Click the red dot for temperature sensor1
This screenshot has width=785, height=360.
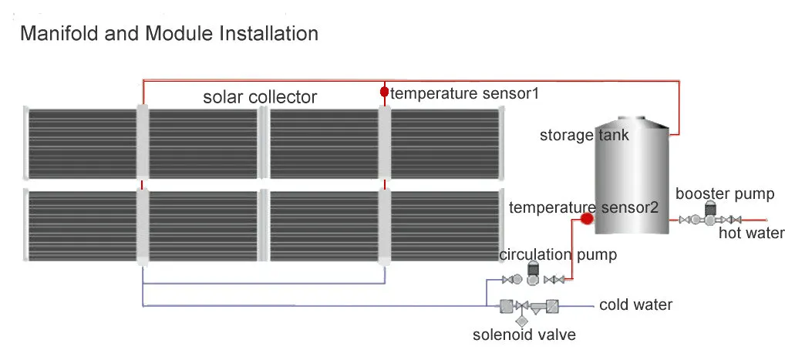tap(384, 93)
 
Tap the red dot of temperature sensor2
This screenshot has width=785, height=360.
tap(586, 219)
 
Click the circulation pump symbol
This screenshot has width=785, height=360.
tap(532, 274)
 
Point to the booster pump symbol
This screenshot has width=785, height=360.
tap(709, 215)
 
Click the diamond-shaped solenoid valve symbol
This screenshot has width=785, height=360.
tap(521, 320)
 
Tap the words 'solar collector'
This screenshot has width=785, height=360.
tap(260, 97)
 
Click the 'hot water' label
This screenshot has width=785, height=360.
tap(751, 233)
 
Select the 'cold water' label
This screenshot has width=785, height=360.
tap(635, 304)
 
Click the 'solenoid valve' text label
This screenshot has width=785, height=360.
tap(524, 335)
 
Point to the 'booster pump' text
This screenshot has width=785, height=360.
tap(724, 194)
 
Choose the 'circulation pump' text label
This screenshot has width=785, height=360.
tap(558, 254)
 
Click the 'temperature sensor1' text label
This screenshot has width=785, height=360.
tap(463, 93)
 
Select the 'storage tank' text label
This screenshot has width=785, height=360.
tap(584, 136)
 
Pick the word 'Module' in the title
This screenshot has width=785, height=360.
tap(163, 34)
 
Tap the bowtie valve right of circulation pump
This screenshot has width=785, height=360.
tap(553, 279)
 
